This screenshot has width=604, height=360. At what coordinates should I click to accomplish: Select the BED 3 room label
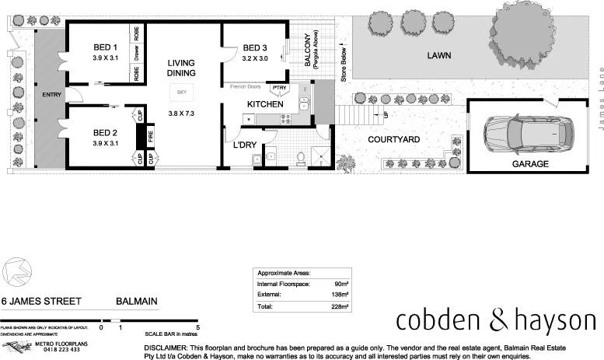(254, 46)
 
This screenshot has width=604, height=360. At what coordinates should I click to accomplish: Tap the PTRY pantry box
(279, 88)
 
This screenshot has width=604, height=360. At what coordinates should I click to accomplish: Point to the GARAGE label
(529, 164)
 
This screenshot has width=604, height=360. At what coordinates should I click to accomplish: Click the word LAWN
(438, 56)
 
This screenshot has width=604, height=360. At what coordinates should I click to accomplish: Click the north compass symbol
(16, 272)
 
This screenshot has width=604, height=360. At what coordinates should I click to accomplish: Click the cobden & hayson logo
(495, 320)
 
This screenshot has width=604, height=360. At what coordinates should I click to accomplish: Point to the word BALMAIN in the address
(137, 299)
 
